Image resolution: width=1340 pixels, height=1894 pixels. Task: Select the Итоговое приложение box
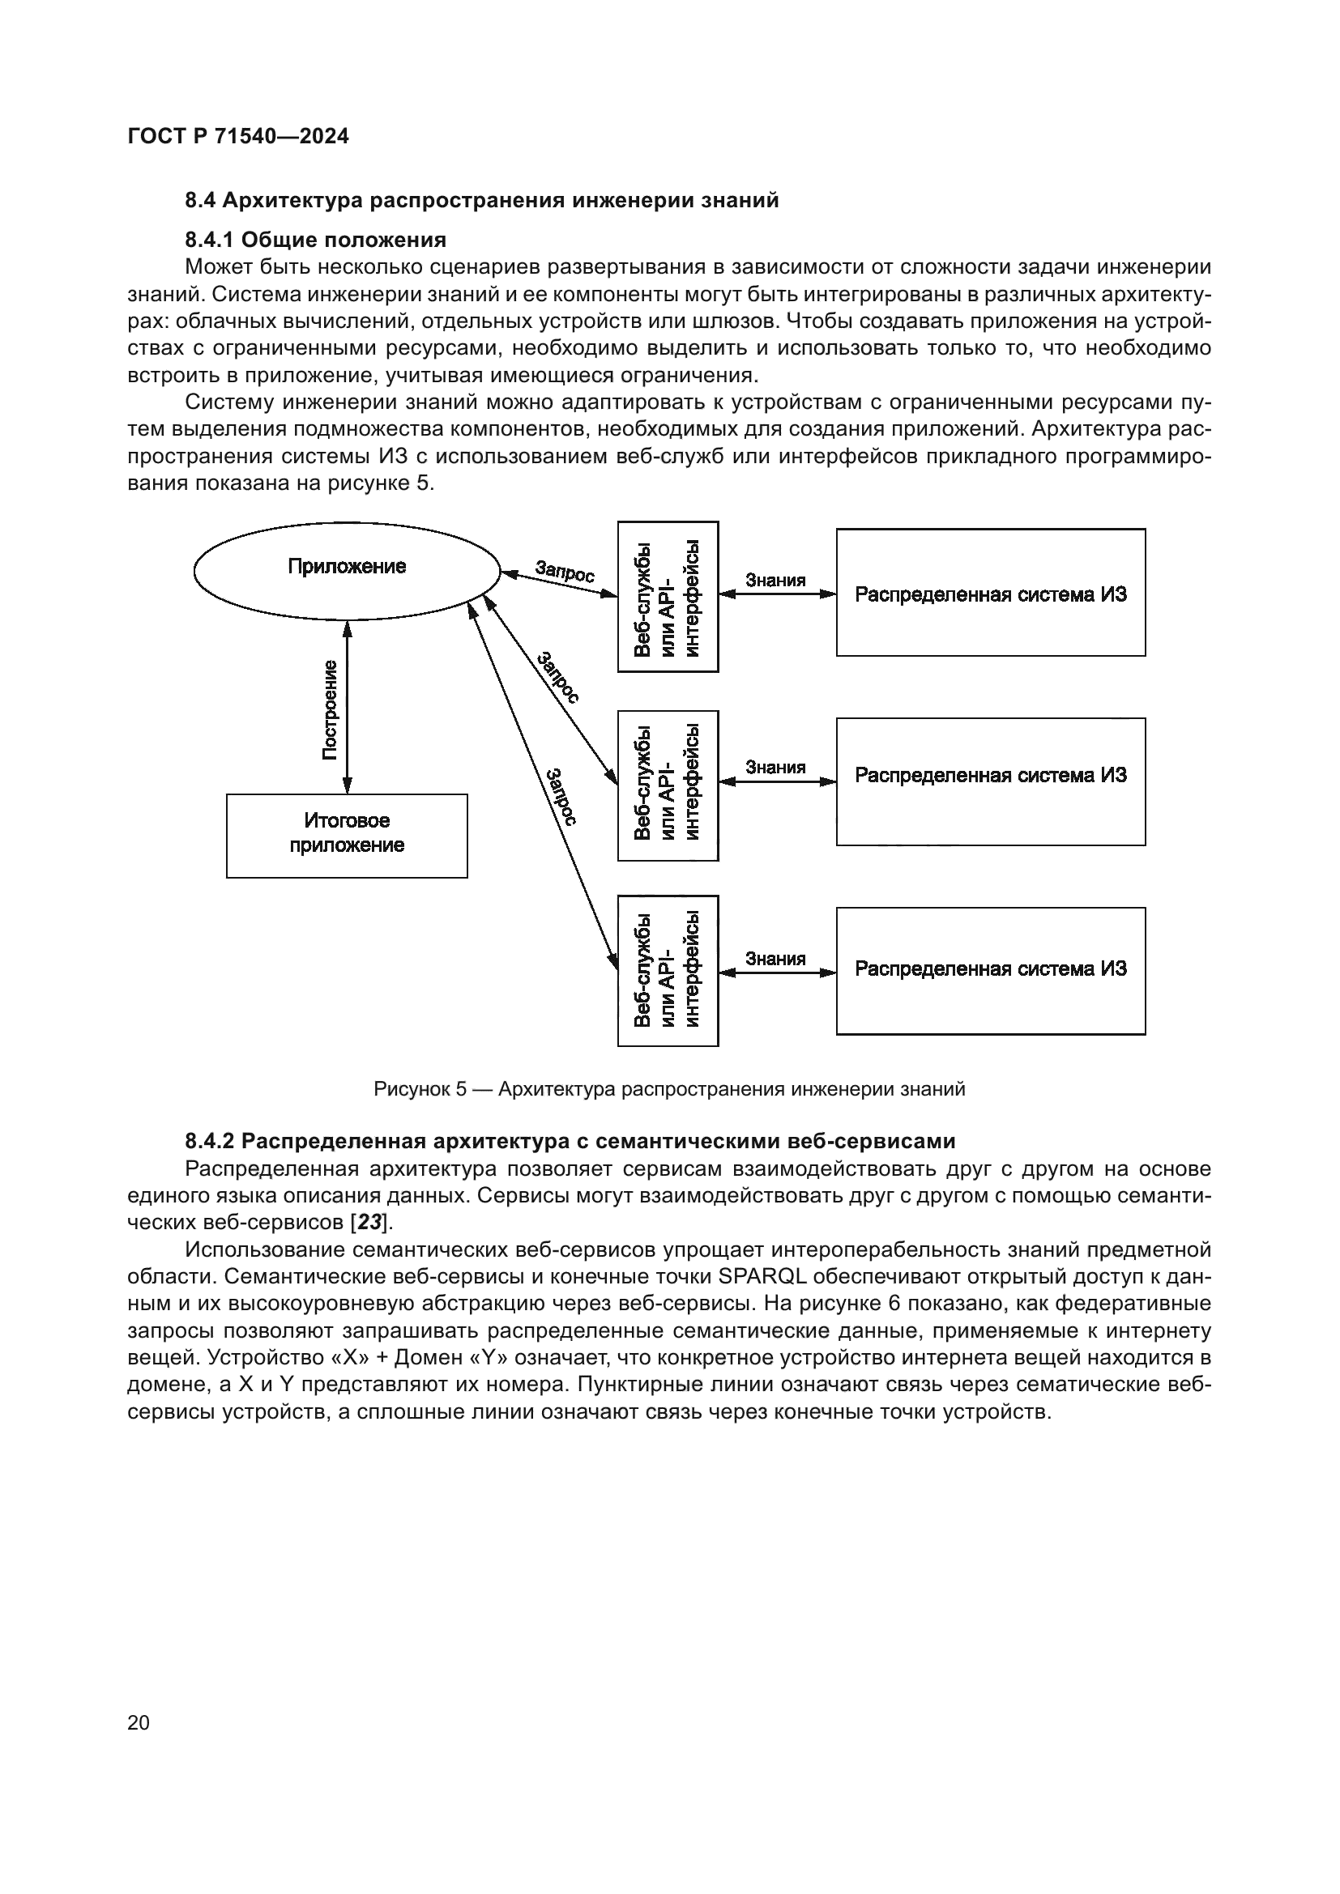point(347,835)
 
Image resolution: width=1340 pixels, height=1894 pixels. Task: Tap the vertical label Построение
point(330,709)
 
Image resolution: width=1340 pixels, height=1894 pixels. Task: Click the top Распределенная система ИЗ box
point(990,593)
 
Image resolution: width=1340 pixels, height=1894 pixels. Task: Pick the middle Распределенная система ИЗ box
point(990,781)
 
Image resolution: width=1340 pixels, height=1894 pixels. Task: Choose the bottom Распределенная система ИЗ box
point(990,970)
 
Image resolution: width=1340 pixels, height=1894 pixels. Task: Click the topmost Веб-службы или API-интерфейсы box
point(668,598)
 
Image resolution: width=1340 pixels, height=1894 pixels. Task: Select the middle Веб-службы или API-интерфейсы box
point(668,785)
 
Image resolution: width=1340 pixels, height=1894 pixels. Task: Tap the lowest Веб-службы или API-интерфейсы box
point(668,970)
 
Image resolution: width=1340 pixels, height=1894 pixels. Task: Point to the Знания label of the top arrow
point(775,580)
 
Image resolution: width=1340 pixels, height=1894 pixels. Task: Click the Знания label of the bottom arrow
point(775,959)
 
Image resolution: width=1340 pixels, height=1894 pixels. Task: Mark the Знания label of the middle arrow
point(775,767)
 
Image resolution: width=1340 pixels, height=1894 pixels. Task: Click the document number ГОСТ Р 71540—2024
point(238,136)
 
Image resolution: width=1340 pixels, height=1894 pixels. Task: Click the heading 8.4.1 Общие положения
point(315,240)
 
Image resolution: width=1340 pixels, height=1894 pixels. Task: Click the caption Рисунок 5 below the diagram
point(668,1089)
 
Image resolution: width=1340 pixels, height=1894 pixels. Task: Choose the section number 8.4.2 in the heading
point(210,1141)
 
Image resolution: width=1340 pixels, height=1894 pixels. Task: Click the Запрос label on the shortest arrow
point(565,571)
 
